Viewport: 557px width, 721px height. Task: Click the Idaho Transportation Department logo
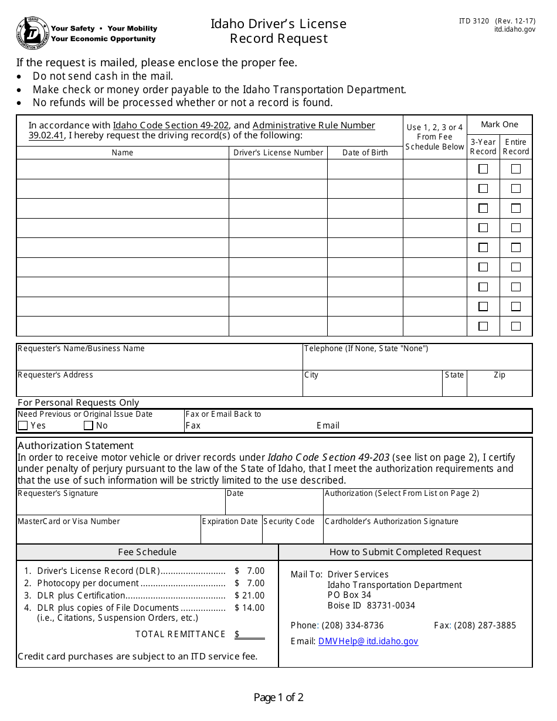(32, 33)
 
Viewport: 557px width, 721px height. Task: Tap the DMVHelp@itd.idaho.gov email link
(368, 641)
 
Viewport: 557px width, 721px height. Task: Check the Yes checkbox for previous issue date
(23, 426)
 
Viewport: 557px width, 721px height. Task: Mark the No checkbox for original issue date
(89, 426)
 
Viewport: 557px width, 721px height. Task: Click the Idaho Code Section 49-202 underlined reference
(171, 125)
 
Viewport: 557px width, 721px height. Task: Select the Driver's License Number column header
(278, 152)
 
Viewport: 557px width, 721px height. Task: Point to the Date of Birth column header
(365, 152)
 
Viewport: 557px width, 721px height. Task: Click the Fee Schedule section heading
(147, 552)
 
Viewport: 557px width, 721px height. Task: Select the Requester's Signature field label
(58, 494)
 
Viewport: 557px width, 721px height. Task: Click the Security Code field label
(289, 522)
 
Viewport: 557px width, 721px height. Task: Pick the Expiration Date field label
(230, 522)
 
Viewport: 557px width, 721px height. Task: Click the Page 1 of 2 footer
(278, 698)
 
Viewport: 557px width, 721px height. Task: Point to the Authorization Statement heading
(76, 445)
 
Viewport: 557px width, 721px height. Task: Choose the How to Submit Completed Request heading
(405, 552)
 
